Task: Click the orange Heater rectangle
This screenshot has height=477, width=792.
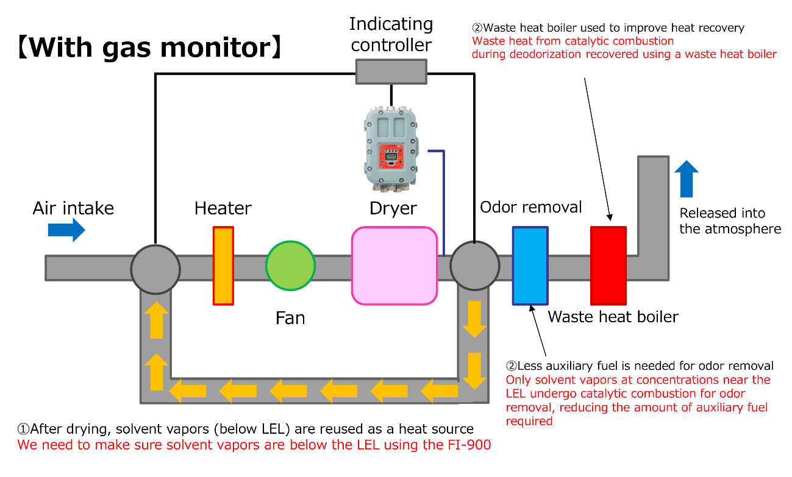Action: click(x=223, y=265)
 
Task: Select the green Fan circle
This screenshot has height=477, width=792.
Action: click(x=290, y=266)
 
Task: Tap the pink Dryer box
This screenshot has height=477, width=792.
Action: click(x=394, y=266)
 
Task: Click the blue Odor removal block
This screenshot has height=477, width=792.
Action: click(x=530, y=265)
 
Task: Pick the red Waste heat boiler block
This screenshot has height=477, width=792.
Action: click(x=608, y=265)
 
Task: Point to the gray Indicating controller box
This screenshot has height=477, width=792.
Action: click(x=391, y=71)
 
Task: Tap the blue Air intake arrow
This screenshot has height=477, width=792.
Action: click(x=66, y=230)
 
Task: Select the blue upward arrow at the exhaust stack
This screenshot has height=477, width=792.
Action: click(x=687, y=178)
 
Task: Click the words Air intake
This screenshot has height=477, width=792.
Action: click(x=73, y=208)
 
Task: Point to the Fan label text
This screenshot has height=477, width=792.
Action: click(x=290, y=318)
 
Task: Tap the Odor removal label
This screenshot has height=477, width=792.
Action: click(x=531, y=207)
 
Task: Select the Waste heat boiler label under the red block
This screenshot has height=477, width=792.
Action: click(x=613, y=317)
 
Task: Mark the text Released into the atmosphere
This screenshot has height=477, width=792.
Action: click(x=730, y=221)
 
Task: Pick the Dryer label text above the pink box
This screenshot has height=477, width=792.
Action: click(x=393, y=208)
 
